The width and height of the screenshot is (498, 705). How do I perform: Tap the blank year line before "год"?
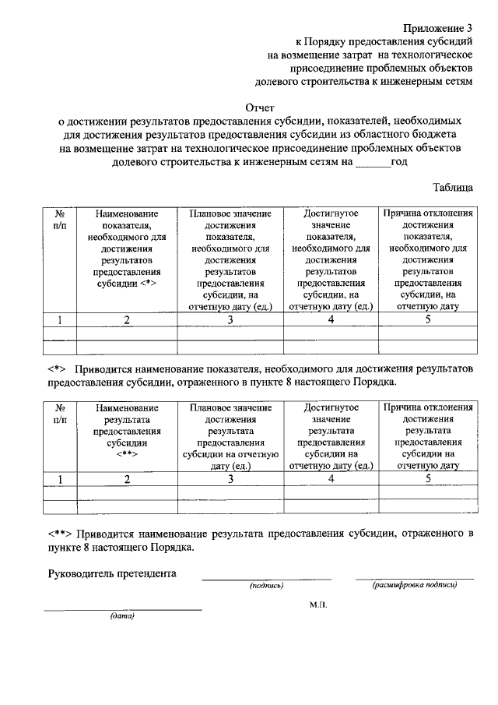[x=371, y=163]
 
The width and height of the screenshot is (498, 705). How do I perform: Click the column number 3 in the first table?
[x=230, y=319]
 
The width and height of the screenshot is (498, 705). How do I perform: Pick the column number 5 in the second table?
[x=427, y=478]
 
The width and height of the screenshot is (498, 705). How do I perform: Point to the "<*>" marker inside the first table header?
[x=149, y=285]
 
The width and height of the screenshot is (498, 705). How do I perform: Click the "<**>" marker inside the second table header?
[x=127, y=453]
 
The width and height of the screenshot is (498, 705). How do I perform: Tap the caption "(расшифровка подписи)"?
[x=414, y=584]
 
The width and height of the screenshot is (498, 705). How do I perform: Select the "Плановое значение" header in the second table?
[x=230, y=407]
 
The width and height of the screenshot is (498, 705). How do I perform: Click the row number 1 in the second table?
[x=59, y=478]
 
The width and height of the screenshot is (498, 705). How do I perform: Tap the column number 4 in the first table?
[x=331, y=319]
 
